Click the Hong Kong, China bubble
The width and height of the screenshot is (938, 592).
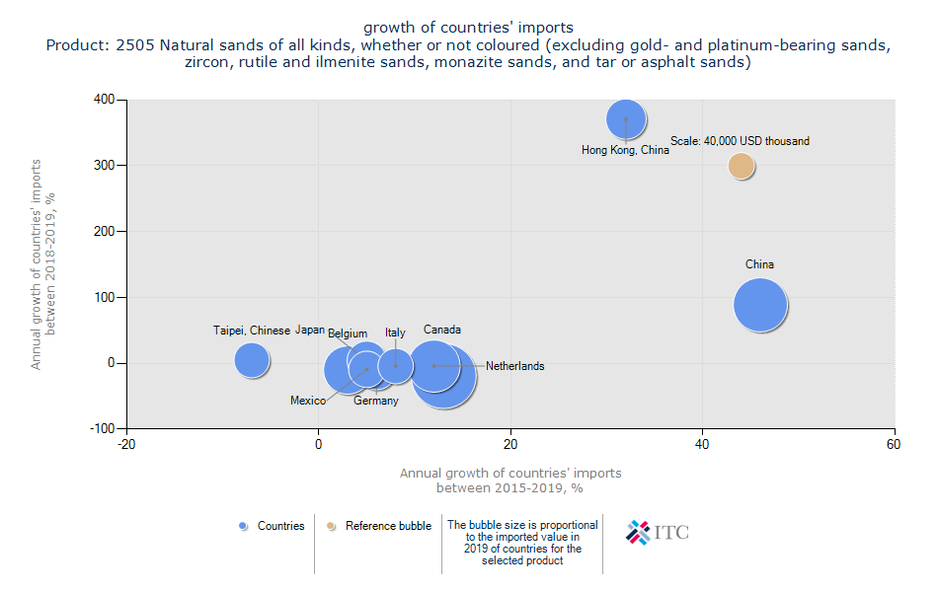tap(625, 119)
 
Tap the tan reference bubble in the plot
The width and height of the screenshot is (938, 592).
tap(742, 166)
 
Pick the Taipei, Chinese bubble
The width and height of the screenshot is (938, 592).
tap(252, 360)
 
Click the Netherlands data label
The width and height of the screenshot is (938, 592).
tap(514, 366)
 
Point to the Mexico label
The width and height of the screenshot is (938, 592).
tap(308, 401)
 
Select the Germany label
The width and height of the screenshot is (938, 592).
tap(376, 401)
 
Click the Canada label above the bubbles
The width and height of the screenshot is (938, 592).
tap(442, 330)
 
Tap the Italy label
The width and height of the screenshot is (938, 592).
tap(395, 333)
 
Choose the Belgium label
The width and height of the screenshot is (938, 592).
tap(348, 333)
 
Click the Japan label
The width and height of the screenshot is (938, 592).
tap(310, 330)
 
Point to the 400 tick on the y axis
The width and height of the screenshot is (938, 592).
tap(104, 100)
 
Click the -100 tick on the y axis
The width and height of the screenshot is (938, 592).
tap(102, 428)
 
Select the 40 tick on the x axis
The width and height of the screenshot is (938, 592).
tap(703, 445)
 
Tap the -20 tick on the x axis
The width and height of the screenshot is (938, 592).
tap(126, 445)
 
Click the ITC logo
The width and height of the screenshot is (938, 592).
tap(658, 532)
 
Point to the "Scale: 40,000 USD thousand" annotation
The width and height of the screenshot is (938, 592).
tap(740, 141)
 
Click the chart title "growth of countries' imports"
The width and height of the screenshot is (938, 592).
tap(468, 27)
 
